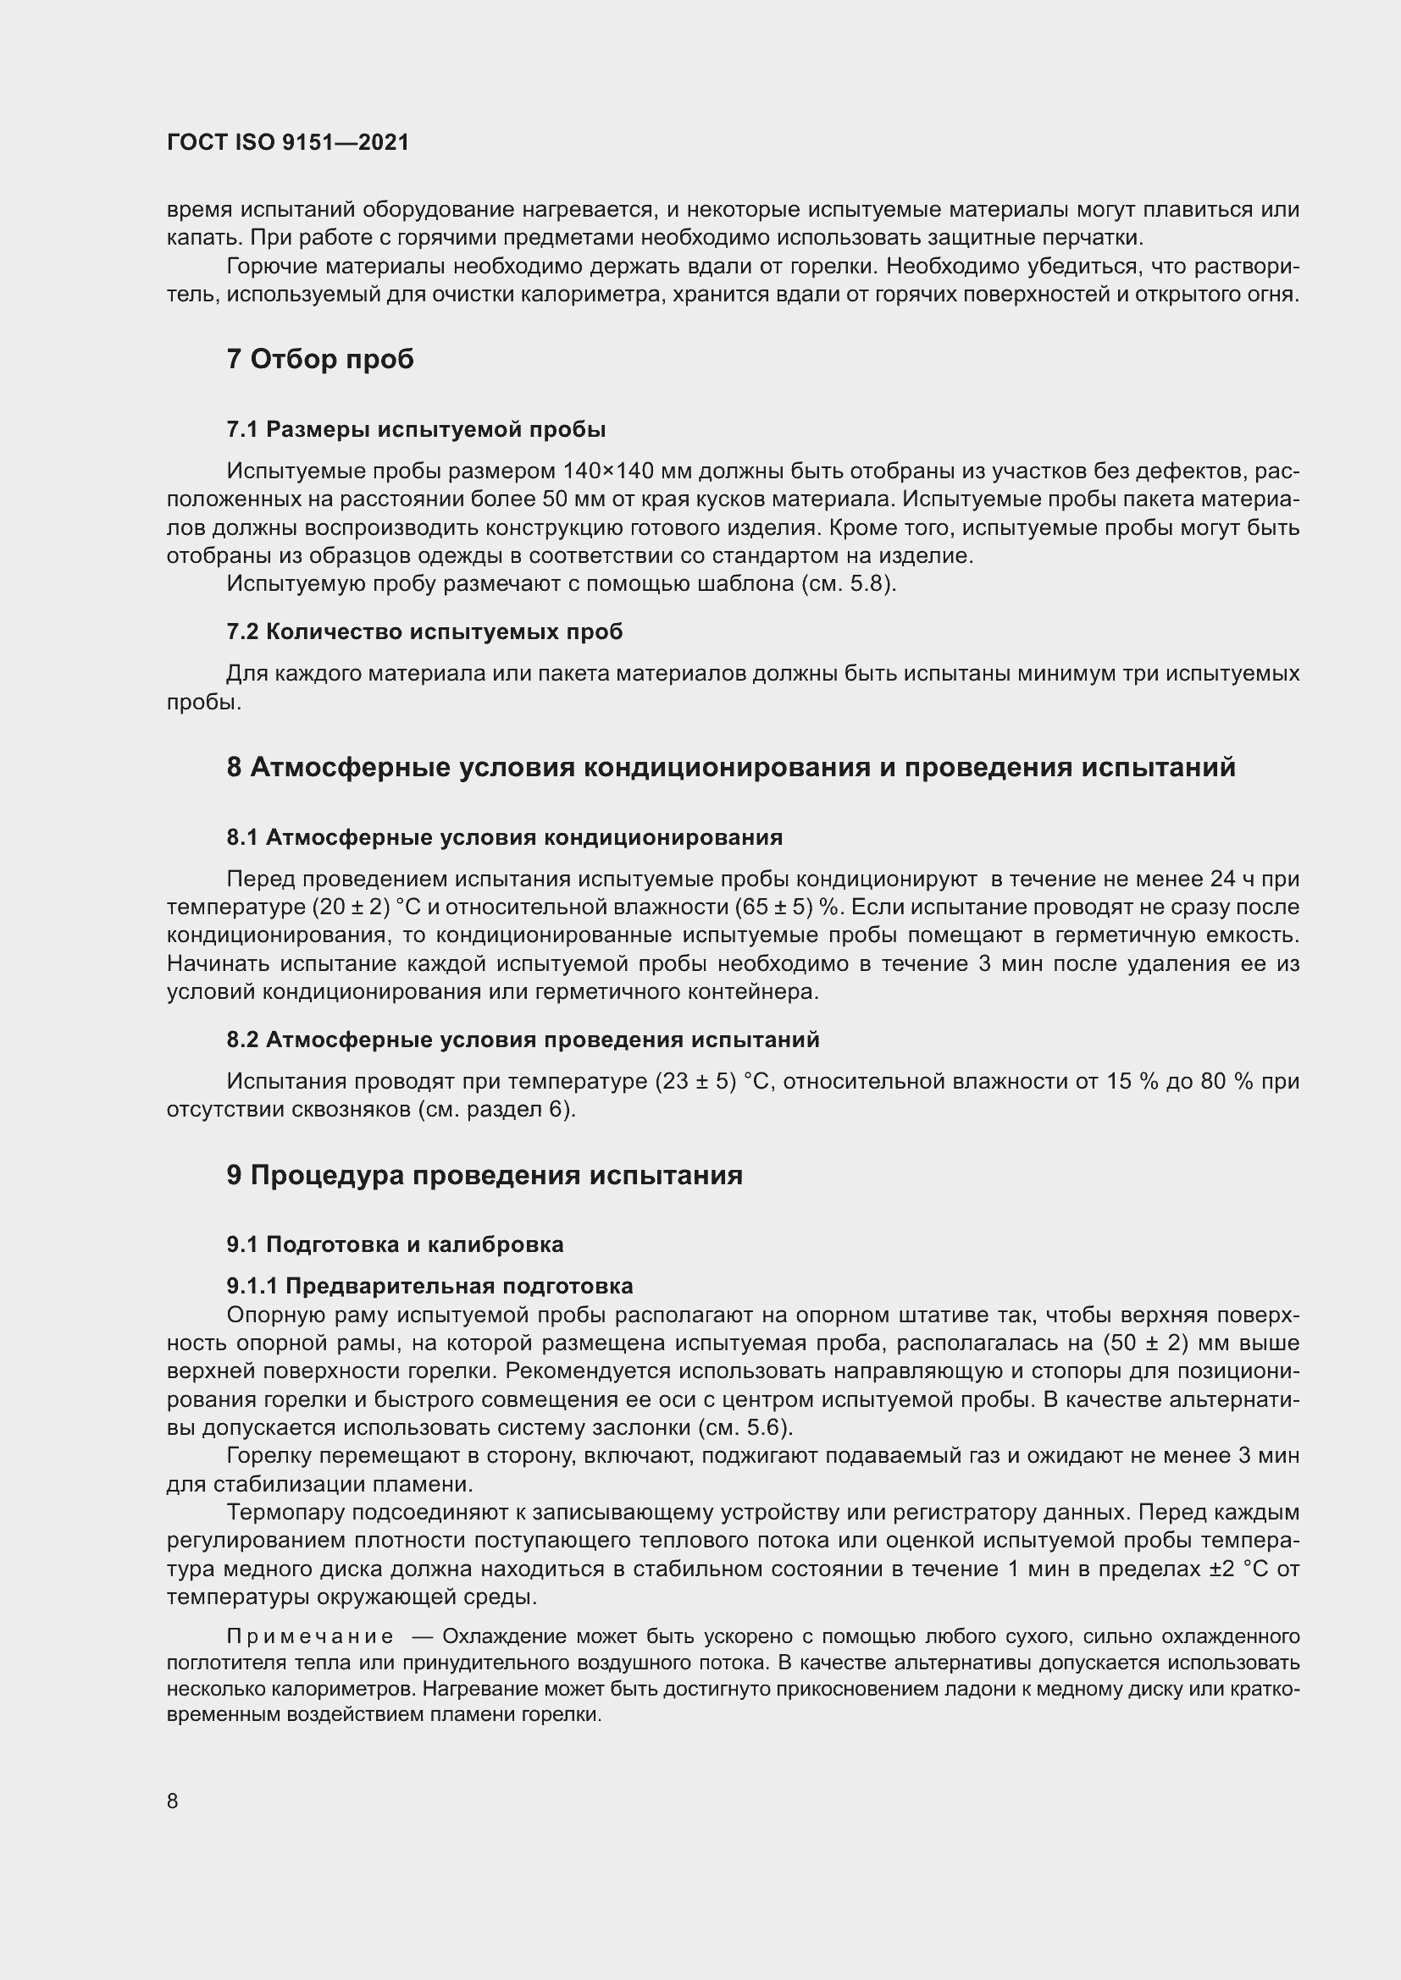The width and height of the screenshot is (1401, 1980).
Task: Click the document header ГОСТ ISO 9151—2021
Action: point(287,142)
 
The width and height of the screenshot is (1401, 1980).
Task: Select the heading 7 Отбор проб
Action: point(320,359)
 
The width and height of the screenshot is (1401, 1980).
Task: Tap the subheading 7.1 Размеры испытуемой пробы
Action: point(416,428)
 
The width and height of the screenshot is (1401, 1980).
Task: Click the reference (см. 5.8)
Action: point(849,584)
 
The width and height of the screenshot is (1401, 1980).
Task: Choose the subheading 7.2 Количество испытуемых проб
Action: point(424,632)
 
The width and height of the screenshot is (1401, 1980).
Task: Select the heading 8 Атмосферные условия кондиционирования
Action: point(731,767)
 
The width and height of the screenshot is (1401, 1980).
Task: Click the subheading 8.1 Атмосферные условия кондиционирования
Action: point(505,836)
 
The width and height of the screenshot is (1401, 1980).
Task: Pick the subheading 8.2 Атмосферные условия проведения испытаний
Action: point(523,1040)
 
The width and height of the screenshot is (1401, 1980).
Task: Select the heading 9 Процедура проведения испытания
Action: point(484,1176)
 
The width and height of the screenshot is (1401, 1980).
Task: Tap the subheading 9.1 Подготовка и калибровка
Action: point(395,1244)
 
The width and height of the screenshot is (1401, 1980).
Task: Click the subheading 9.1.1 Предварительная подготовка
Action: point(429,1286)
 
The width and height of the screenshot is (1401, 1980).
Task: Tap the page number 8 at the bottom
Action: point(173,1801)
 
